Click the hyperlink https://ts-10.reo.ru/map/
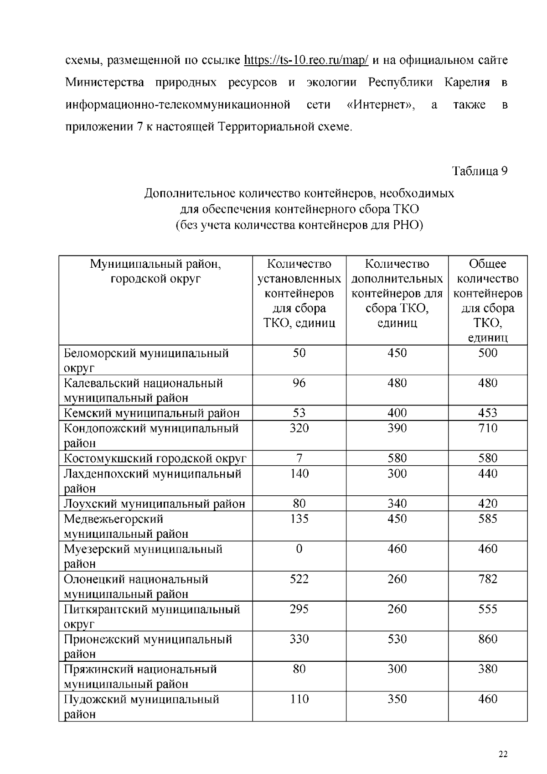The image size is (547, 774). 306,60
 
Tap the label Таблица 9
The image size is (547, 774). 480,171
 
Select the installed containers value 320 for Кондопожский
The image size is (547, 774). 299,428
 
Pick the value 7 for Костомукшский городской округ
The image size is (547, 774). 299,458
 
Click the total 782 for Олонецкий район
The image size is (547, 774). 487,579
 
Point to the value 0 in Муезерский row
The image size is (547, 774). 299,549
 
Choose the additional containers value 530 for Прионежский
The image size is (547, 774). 397,639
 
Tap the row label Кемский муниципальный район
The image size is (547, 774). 152,413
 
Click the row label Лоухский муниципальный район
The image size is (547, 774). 155,504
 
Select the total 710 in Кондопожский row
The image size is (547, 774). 487,428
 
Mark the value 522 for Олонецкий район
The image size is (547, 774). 299,579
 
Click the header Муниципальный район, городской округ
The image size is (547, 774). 155,271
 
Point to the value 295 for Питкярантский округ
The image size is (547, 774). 299,609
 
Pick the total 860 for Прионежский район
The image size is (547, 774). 487,639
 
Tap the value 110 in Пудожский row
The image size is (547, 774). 299,699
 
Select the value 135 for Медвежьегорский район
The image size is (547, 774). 299,519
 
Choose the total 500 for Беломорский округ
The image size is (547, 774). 487,353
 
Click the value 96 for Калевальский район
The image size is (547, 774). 299,383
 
